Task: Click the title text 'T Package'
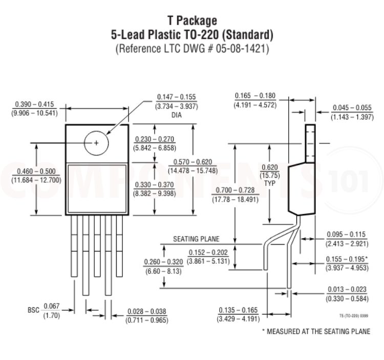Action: (192, 20)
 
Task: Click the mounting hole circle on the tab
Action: (96, 142)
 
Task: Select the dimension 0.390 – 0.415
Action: (35, 104)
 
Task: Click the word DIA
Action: (176, 115)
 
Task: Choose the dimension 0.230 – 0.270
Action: (154, 139)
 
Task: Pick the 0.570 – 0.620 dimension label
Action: (193, 162)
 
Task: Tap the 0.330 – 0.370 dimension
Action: (154, 184)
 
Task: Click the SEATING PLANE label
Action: (196, 239)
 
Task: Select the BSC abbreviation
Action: (33, 310)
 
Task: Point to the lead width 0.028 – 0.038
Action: (146, 311)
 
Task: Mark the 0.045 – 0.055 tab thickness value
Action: (351, 108)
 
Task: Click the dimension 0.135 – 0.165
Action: (239, 310)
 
